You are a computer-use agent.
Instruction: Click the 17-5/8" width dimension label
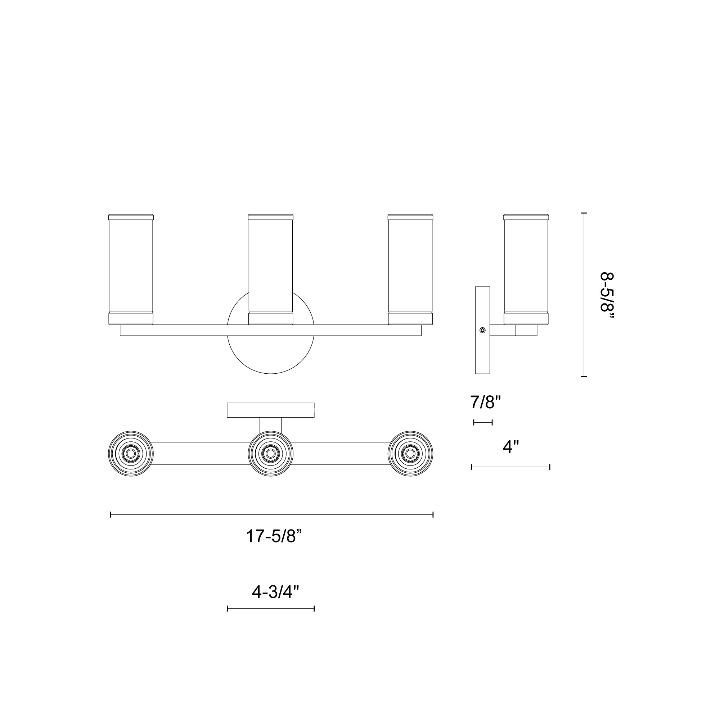274,537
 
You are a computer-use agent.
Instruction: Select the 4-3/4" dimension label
275,592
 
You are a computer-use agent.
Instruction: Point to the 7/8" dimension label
486,402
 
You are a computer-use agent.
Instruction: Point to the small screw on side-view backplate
483,330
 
